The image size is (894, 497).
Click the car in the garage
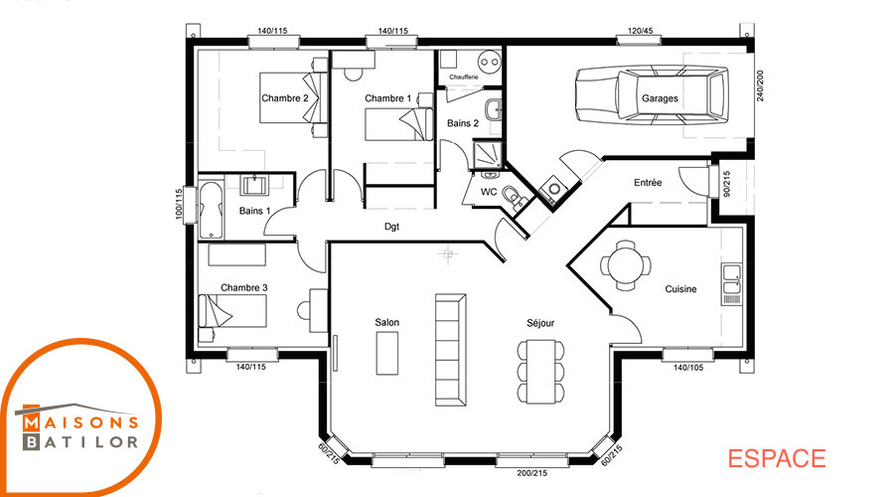(652, 95)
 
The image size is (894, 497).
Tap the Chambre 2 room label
(284, 98)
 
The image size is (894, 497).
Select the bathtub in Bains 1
(211, 210)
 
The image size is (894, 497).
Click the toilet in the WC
(515, 196)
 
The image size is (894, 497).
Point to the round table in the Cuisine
(626, 264)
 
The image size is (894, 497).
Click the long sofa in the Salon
(450, 350)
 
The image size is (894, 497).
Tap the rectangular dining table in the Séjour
(540, 371)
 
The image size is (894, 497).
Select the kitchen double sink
(731, 284)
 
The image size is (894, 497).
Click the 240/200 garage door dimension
(760, 85)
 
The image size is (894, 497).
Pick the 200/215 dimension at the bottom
(532, 473)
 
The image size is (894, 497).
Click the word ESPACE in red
(777, 459)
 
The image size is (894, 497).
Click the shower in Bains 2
(488, 154)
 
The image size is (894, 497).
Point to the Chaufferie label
(464, 77)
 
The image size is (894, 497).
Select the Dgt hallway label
(391, 227)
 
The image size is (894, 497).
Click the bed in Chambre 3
(232, 311)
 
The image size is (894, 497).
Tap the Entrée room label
(648, 183)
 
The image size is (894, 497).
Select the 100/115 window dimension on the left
(179, 205)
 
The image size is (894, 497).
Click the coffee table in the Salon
(387, 353)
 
